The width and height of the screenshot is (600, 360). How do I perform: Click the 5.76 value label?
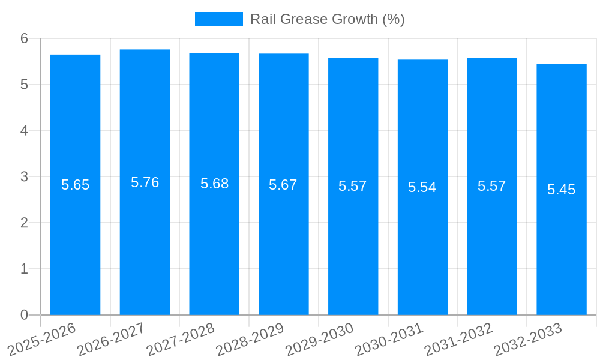(x=145, y=182)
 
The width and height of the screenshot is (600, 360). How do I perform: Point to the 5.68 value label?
(x=214, y=184)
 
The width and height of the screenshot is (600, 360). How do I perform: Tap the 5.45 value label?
(x=562, y=190)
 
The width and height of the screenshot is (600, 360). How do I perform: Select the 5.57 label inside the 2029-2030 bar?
(x=353, y=186)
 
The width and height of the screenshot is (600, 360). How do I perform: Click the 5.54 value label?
(x=422, y=187)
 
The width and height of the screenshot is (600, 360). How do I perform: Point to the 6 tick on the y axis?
(x=24, y=38)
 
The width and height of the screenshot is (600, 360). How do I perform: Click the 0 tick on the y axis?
(x=24, y=315)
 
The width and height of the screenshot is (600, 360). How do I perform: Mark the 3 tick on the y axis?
(x=24, y=177)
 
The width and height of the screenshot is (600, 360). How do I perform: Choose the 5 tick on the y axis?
(x=24, y=85)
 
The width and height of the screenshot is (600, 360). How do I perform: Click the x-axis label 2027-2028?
(x=180, y=339)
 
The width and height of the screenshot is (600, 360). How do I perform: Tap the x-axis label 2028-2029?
(x=250, y=339)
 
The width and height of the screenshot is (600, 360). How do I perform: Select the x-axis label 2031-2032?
(x=458, y=339)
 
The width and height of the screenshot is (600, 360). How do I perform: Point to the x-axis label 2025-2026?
(x=41, y=339)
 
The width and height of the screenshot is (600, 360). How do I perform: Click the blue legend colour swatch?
(x=219, y=19)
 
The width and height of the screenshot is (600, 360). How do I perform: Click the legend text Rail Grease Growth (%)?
(x=327, y=19)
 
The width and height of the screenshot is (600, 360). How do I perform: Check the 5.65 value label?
(x=75, y=185)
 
